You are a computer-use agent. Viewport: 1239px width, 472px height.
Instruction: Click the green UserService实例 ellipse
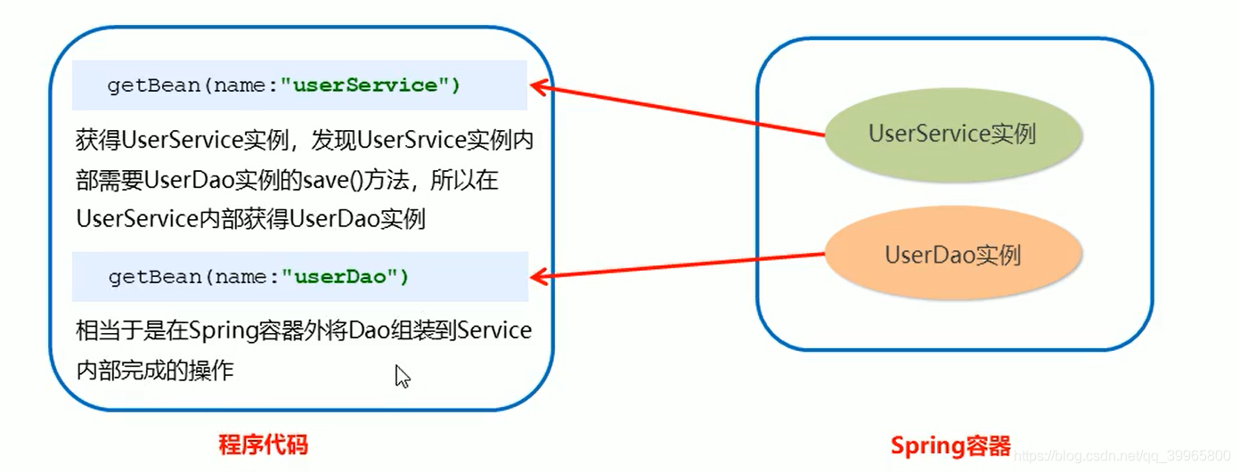(952, 134)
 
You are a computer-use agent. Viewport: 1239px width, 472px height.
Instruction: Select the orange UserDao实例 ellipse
(952, 256)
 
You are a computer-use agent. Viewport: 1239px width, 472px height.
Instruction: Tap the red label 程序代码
(263, 444)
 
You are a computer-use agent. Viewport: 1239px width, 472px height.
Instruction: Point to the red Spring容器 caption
(950, 444)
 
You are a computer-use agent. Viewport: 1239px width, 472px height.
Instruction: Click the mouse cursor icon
(402, 376)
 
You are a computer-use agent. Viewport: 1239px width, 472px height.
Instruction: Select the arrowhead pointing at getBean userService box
(538, 86)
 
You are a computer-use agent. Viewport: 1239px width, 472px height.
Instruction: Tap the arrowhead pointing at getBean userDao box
(538, 275)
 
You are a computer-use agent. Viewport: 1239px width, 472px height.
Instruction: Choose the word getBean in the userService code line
(143, 85)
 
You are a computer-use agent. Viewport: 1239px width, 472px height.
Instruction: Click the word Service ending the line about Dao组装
(495, 331)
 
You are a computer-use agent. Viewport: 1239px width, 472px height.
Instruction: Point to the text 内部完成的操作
(155, 370)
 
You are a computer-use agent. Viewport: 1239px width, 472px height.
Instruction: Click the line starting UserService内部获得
(251, 218)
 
